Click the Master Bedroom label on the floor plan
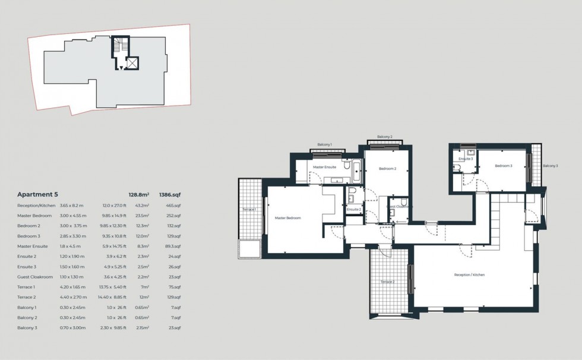[287, 218]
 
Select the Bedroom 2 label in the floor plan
[387, 169]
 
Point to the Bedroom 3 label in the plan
[503, 166]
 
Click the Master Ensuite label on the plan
[325, 167]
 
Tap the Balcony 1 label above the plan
[324, 144]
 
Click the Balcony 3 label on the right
[550, 166]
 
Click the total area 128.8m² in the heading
[138, 194]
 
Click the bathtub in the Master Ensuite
[356, 171]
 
